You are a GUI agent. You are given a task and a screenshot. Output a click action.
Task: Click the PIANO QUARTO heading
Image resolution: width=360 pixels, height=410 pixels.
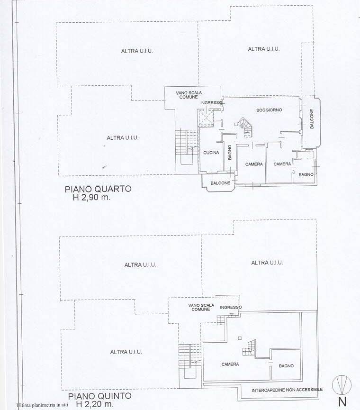[x=98, y=189]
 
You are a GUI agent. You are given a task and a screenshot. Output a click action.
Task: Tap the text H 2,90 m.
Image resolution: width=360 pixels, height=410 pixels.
[x=90, y=198]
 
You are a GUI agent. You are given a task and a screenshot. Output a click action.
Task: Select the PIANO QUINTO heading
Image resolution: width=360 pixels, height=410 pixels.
[x=99, y=396]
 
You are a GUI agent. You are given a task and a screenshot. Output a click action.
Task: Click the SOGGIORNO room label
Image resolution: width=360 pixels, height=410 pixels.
[x=270, y=110]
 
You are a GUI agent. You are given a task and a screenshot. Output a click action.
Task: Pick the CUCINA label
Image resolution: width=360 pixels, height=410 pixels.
[x=211, y=153]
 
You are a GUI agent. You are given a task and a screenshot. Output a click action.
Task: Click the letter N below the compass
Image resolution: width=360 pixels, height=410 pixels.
[x=342, y=402]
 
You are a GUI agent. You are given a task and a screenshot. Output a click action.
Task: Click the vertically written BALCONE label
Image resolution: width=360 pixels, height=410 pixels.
[x=312, y=119]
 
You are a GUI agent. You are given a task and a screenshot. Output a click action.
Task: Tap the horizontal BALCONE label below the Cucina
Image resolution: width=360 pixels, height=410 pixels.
[x=220, y=183]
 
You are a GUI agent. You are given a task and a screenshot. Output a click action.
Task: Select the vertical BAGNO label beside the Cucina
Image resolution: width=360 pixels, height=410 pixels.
[x=229, y=153]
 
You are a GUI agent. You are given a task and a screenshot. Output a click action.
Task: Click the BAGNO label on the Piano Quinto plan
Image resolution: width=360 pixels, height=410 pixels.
[x=286, y=366]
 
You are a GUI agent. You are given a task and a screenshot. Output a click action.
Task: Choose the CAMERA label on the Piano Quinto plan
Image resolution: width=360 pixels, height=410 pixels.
[x=230, y=364]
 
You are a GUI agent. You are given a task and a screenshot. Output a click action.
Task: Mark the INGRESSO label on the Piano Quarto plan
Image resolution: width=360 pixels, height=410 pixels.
[x=211, y=103]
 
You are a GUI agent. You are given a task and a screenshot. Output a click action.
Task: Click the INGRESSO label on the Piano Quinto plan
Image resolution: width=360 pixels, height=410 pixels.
[x=231, y=307]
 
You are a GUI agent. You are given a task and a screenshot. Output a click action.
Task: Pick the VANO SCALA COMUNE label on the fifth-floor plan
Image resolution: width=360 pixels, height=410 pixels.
[x=201, y=307]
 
